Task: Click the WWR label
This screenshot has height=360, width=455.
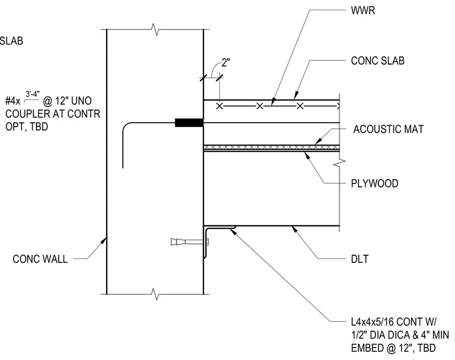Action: point(363,10)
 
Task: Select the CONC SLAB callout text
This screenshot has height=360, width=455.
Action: point(378,60)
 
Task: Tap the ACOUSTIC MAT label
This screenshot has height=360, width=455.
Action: point(389,129)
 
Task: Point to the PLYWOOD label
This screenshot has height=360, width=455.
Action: point(374,183)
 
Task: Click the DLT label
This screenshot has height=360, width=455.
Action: point(360,259)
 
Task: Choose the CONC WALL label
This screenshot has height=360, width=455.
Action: point(40,259)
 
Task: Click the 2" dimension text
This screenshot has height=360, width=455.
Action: point(226,63)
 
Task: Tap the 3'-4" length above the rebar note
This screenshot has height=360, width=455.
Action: point(32,94)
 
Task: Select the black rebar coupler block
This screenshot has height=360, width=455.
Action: point(189,123)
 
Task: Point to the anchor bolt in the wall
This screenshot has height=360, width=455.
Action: point(190,241)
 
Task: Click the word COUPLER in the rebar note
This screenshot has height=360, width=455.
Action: point(24,114)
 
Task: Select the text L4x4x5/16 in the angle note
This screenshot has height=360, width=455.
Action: point(372,322)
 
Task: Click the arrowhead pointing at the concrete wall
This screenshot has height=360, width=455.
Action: point(103,241)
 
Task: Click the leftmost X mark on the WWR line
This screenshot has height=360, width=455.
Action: point(220,106)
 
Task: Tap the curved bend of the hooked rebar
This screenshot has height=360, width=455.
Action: point(125,125)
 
